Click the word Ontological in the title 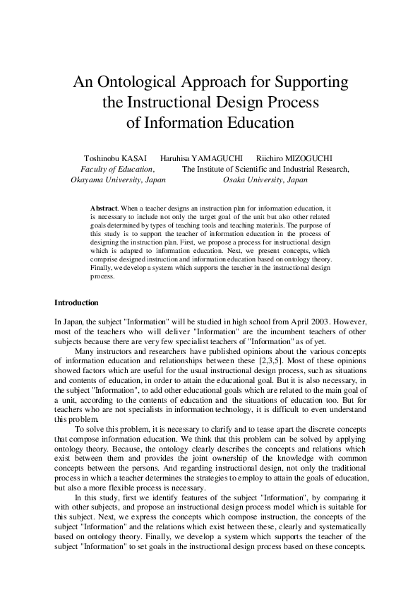click(x=141, y=81)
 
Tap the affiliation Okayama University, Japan click(x=119, y=180)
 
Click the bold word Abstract click(x=104, y=209)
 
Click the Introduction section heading click(x=76, y=303)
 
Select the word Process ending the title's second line click(x=294, y=102)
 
